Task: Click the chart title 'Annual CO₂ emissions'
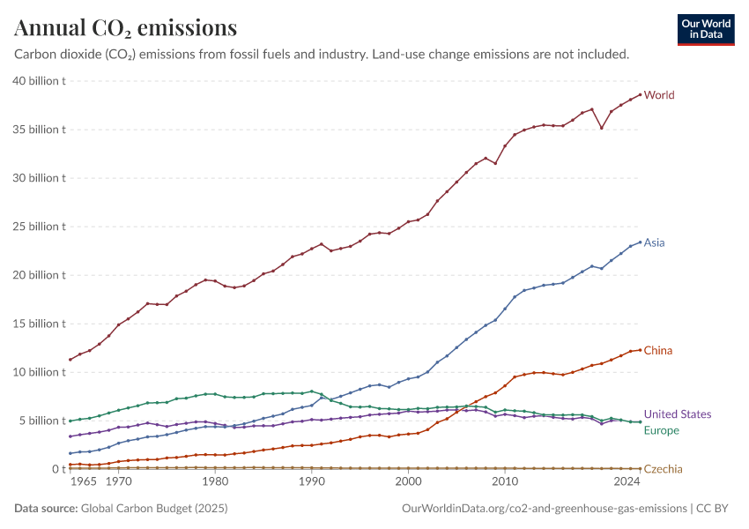click(125, 28)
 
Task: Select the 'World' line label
click(659, 95)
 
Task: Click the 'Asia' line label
click(654, 242)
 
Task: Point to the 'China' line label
click(657, 351)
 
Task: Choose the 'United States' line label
click(678, 414)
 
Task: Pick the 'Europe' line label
click(662, 430)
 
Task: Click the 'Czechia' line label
click(663, 469)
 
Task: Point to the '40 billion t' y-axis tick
click(40, 81)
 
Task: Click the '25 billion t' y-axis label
click(40, 227)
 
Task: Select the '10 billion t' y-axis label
click(40, 372)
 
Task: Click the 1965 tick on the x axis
click(84, 482)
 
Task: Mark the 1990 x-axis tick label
click(311, 482)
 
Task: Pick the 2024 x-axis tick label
click(627, 482)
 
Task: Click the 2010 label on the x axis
click(505, 482)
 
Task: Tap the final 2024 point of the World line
click(640, 95)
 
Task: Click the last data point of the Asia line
click(640, 242)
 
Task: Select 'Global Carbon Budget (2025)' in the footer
click(153, 509)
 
